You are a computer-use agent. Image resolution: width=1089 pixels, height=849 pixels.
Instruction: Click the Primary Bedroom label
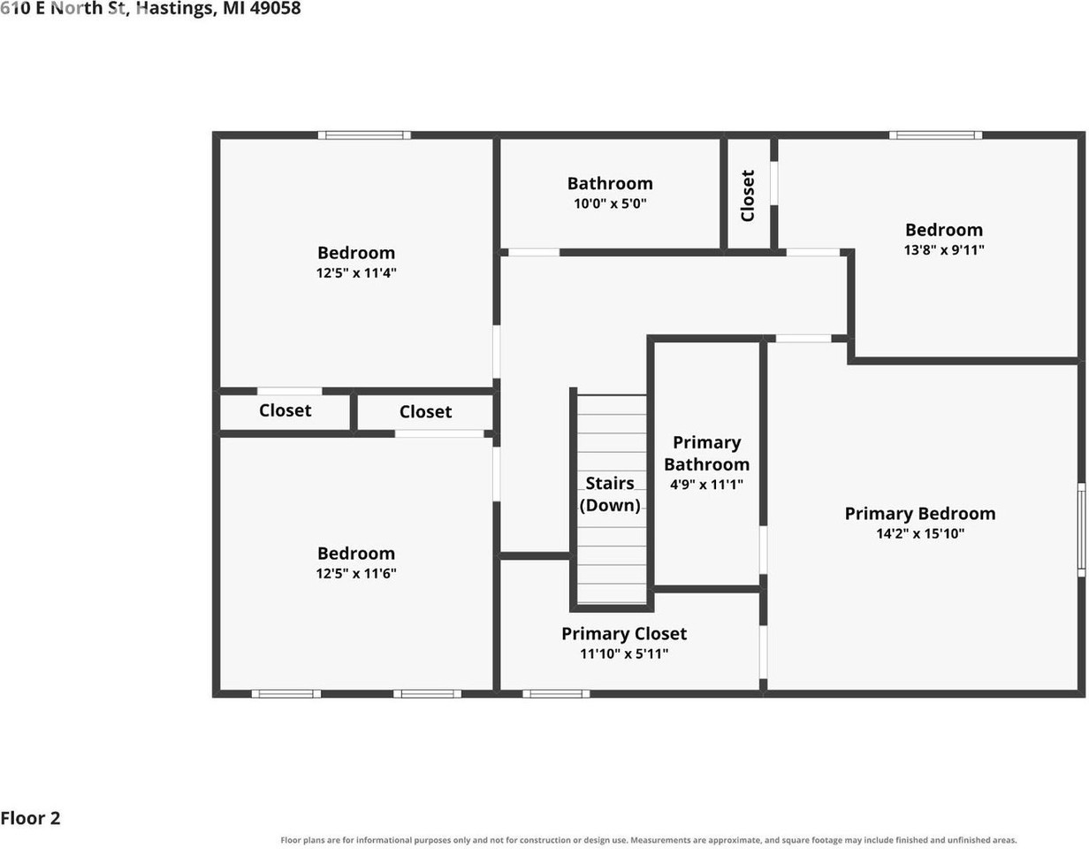coord(919,514)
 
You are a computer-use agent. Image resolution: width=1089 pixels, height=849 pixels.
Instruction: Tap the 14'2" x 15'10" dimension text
coord(920,533)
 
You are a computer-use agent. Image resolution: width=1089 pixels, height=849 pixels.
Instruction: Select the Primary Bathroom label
coord(706,454)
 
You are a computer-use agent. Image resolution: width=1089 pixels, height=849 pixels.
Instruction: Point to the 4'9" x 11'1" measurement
coord(706,484)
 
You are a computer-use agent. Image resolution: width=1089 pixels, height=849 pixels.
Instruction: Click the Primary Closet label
coord(624,634)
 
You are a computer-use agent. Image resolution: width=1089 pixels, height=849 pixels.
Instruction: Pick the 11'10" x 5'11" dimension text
coord(624,654)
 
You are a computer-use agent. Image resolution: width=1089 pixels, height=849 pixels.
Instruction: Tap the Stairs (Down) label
coord(610,494)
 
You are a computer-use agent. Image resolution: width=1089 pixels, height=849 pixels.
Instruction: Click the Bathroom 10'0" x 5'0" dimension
coord(610,203)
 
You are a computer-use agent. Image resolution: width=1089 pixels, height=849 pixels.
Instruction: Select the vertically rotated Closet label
coord(747,195)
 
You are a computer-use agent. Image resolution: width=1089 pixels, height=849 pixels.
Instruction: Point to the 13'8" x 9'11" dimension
coord(944,249)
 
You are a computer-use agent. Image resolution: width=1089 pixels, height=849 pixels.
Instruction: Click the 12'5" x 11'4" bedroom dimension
coord(356,272)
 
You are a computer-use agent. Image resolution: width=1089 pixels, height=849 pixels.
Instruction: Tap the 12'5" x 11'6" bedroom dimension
coord(356,573)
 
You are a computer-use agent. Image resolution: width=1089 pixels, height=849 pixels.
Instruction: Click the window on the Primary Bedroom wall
coord(1081,530)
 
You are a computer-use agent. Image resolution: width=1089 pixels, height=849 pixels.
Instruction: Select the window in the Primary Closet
coord(556,693)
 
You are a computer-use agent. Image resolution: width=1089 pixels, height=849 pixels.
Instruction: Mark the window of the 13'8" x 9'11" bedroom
coord(936,134)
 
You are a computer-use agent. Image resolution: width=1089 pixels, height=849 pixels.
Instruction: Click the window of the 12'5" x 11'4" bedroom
coord(364,134)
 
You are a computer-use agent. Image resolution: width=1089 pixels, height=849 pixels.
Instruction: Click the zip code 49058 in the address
coord(275,8)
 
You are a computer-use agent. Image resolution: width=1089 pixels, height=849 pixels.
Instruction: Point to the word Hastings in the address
coord(176,9)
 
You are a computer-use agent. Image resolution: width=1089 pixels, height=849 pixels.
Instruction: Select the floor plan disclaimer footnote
coord(649,840)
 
